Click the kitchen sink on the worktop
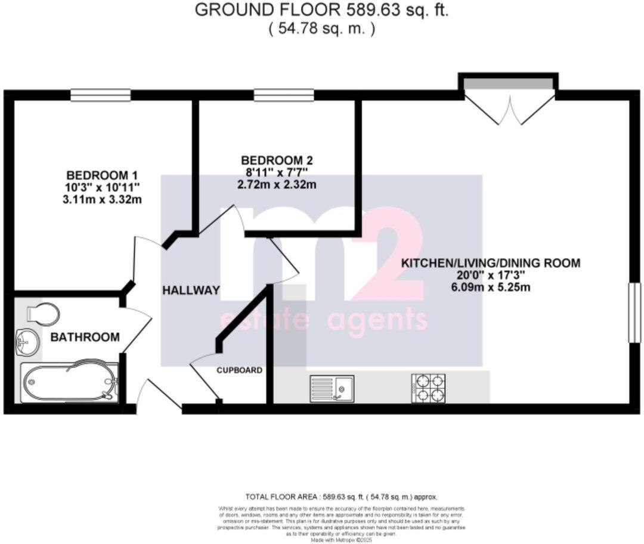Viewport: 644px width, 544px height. [332, 388]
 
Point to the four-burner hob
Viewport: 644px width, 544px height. [428, 387]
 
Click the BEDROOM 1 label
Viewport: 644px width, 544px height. [102, 175]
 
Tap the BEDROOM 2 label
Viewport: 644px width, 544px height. [277, 160]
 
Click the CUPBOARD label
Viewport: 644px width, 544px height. [239, 370]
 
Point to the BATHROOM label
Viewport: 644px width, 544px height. [85, 337]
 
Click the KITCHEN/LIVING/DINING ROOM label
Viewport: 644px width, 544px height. [490, 263]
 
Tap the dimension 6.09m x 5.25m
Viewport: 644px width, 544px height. [490, 287]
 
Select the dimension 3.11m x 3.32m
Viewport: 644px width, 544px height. [102, 199]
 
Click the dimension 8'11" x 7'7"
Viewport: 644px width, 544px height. [277, 172]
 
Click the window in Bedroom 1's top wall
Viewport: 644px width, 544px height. [100, 95]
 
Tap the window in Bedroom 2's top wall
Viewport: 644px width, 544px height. [284, 95]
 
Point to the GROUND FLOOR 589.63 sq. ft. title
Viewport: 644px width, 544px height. [323, 10]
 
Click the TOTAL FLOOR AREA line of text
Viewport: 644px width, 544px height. [342, 496]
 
